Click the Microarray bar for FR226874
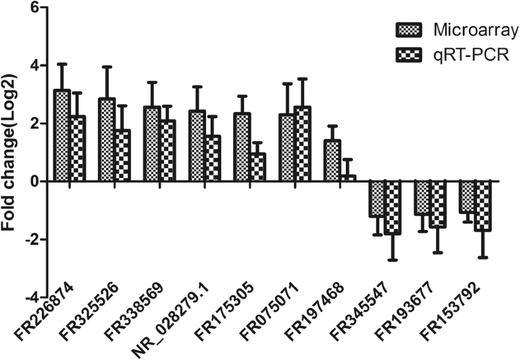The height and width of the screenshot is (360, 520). pos(62,135)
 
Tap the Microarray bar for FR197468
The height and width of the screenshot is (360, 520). pos(332,160)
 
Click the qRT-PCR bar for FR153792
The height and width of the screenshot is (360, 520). pos(482,206)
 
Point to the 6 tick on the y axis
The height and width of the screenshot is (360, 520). pos(34,8)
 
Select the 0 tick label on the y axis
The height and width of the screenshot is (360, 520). pos(34,181)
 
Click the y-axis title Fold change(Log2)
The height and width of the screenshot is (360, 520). pos(11,152)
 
